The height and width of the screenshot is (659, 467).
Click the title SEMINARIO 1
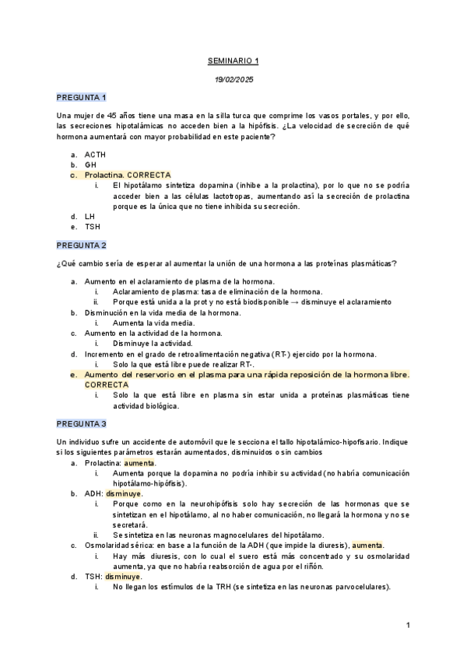coord(233,60)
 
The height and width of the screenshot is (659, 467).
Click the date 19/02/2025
coord(233,79)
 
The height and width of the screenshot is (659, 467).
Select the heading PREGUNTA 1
coord(81,97)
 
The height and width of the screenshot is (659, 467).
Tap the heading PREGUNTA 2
coord(81,245)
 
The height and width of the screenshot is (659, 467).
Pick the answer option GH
coord(90,165)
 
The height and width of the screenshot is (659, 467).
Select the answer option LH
coord(90,216)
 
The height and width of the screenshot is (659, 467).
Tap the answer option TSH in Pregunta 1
coord(93,226)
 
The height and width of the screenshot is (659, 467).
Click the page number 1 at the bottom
coord(408,625)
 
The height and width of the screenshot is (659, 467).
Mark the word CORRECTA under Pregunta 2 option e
coord(107,384)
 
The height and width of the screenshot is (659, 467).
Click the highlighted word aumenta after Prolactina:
coord(140,462)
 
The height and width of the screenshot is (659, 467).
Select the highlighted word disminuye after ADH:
coord(124,493)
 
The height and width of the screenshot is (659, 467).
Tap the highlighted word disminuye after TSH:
coord(124,577)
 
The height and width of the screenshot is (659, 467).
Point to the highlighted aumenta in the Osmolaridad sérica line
coord(367,545)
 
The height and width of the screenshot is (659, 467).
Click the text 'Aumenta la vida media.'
coord(153,323)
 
